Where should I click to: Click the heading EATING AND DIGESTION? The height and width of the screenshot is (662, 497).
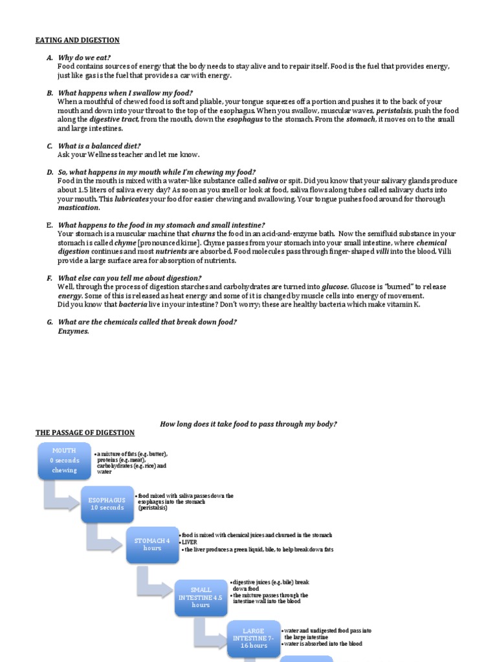click(77, 40)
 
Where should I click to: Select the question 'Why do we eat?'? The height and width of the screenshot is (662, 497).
click(84, 58)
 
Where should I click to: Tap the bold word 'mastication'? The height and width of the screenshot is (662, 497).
click(78, 208)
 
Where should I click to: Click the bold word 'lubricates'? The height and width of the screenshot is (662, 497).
click(132, 199)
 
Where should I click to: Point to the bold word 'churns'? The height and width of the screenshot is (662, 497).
click(203, 233)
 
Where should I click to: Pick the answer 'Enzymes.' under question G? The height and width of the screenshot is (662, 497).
click(73, 331)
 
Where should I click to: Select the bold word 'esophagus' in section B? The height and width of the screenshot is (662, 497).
click(244, 120)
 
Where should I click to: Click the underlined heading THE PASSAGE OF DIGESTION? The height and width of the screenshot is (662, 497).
click(85, 432)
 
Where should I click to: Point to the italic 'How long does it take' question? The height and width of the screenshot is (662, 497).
click(248, 423)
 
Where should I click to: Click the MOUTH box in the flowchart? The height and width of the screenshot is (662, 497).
click(64, 460)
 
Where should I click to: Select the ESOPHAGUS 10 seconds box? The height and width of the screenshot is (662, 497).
click(107, 504)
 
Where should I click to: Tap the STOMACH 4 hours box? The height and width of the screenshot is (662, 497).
click(152, 544)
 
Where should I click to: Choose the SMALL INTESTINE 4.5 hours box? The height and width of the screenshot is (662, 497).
click(201, 597)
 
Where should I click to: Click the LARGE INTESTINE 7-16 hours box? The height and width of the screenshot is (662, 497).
click(253, 637)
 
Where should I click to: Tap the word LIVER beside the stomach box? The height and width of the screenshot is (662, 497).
click(189, 542)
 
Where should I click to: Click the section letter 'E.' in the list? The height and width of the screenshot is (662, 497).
click(49, 225)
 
